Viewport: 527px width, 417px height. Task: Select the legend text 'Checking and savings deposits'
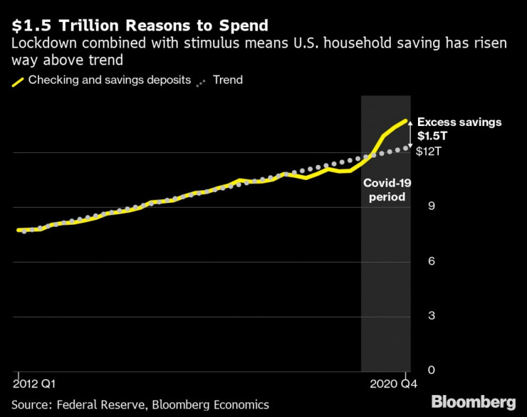coord(110,80)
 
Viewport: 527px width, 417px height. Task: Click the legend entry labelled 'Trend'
coord(227,80)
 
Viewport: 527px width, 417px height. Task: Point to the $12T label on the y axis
coord(429,152)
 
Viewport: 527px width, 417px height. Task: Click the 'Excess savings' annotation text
coord(459,122)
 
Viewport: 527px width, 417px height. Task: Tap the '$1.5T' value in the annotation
coord(432,135)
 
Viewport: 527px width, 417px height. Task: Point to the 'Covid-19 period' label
coord(386,190)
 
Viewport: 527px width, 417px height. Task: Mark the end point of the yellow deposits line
coord(407,121)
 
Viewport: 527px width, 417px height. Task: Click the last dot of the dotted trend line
coord(407,147)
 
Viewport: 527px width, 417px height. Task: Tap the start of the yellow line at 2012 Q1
coord(18,230)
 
